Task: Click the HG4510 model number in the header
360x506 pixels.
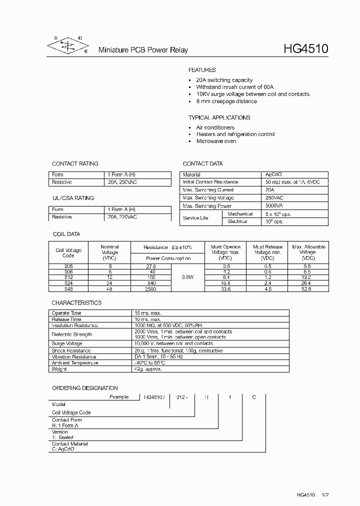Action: tap(306, 49)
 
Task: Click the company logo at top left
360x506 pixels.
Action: tap(67, 45)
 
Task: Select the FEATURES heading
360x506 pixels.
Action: tap(202, 70)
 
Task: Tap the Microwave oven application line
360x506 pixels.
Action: tap(216, 141)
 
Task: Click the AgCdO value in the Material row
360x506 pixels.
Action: tap(274, 174)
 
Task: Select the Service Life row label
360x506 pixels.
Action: tap(195, 218)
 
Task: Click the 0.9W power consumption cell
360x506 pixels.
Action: tap(188, 276)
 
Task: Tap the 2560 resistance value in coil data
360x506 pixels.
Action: tap(150, 289)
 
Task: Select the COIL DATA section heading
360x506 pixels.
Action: tap(66, 234)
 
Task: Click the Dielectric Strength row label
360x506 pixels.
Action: tap(72, 334)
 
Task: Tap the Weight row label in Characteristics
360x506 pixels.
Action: tap(59, 369)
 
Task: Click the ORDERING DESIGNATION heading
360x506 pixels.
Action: tap(85, 388)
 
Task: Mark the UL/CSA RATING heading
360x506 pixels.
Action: tap(73, 198)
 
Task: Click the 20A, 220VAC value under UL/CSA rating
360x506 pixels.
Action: tap(122, 217)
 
